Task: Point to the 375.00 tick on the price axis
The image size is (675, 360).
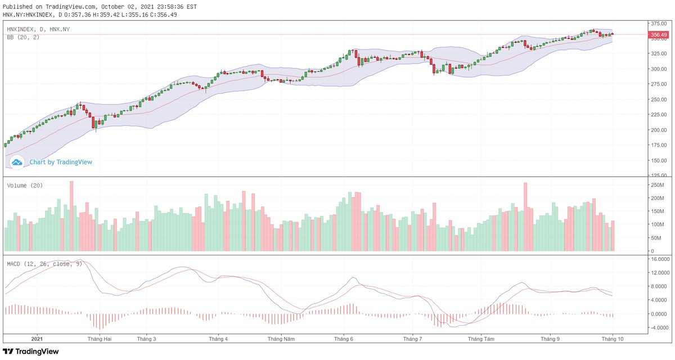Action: click(657, 24)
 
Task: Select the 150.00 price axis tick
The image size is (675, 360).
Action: click(657, 160)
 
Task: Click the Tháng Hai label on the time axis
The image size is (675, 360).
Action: click(100, 339)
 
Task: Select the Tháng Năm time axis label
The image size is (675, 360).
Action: click(281, 339)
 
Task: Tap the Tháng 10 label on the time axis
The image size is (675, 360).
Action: click(611, 339)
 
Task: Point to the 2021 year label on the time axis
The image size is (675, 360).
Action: click(37, 339)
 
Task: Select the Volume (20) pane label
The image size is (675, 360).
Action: click(25, 185)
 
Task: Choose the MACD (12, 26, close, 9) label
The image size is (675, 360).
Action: click(44, 263)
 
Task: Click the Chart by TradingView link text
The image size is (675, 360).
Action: click(61, 162)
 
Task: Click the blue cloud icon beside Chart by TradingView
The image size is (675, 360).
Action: click(17, 162)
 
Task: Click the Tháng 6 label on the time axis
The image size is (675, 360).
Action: click(343, 339)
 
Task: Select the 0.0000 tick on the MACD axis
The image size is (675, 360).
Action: click(659, 314)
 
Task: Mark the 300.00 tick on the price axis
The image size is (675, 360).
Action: click(657, 69)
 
